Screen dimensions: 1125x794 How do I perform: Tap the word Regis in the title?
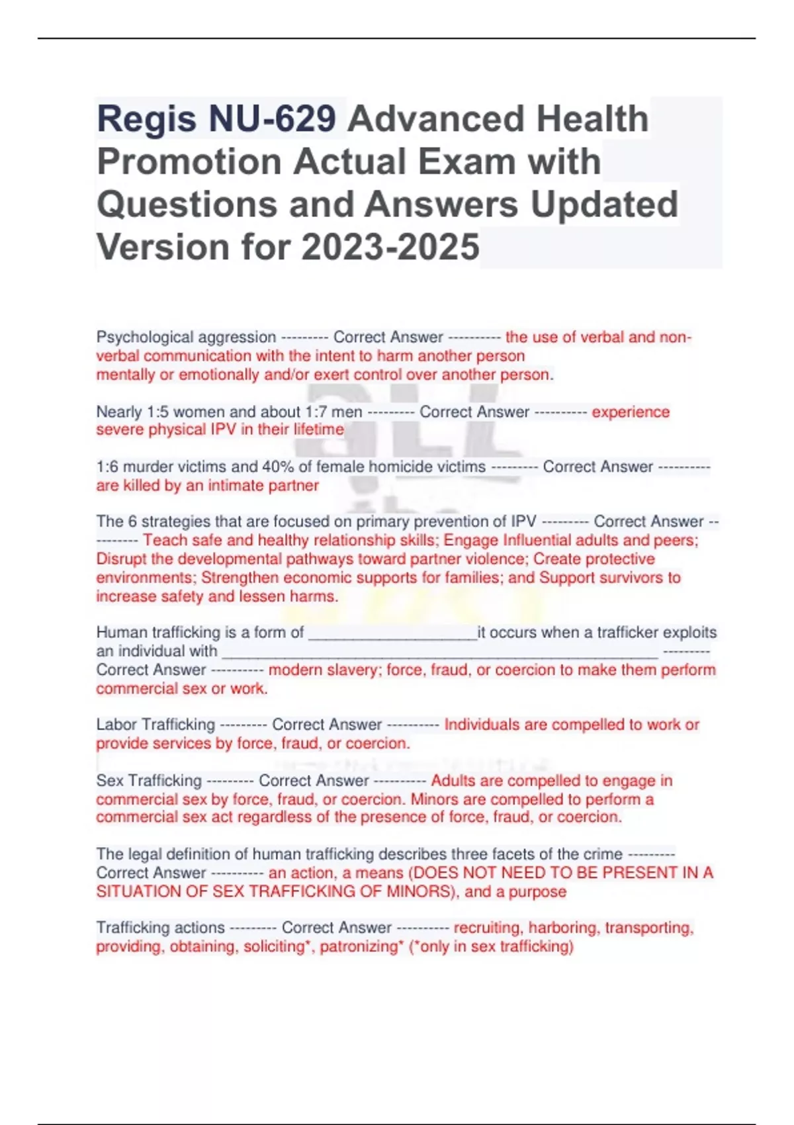[x=146, y=119]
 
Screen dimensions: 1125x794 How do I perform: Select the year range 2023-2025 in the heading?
[x=390, y=247]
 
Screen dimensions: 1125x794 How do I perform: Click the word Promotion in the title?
[x=189, y=161]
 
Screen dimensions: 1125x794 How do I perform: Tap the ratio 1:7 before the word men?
[x=316, y=412]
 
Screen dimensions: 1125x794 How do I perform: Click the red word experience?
[x=631, y=412]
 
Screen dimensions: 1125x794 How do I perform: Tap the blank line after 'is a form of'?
[x=392, y=634]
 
